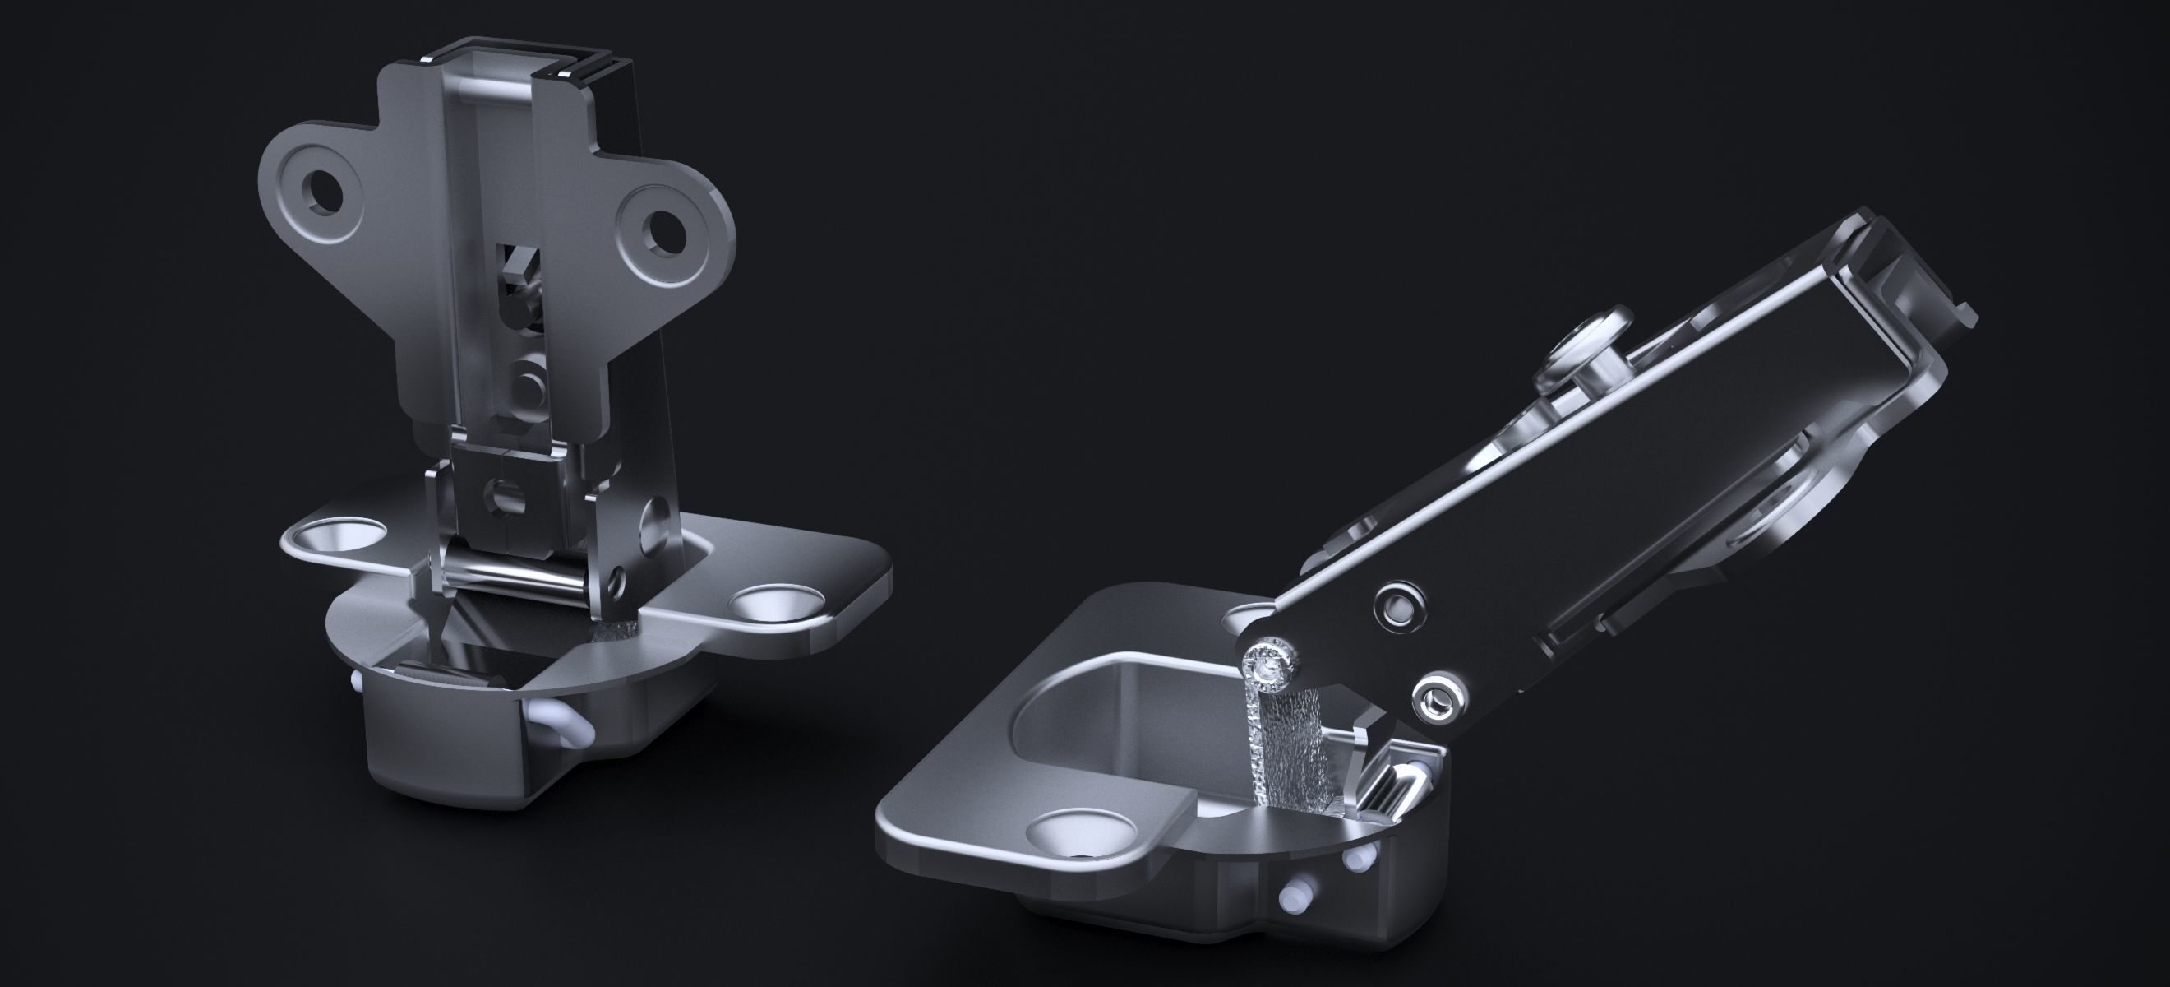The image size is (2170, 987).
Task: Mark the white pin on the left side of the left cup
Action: pos(357,679)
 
